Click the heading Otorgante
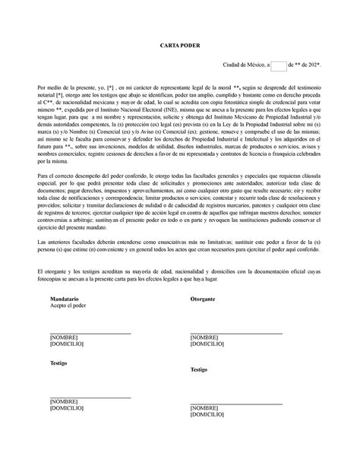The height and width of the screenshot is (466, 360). pyautogui.click(x=203, y=300)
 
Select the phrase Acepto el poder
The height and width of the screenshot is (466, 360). pyautogui.click(x=68, y=307)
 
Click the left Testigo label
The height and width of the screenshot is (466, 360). pyautogui.click(x=58, y=363)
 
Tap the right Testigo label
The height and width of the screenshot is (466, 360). pyautogui.click(x=198, y=369)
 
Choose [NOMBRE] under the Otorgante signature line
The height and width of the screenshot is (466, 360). pyautogui.click(x=205, y=337)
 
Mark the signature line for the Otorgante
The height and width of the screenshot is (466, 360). pyautogui.click(x=235, y=333)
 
